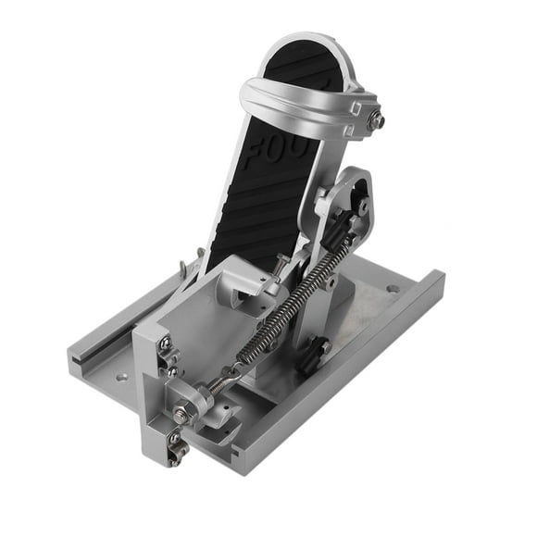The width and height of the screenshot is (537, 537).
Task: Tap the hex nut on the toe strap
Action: (377, 119)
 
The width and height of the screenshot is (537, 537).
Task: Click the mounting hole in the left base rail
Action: (120, 377)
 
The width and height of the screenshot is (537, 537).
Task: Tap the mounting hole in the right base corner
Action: (393, 289)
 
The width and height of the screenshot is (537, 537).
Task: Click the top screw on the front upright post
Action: (164, 344)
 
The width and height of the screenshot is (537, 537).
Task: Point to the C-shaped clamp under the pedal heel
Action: (245, 287)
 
